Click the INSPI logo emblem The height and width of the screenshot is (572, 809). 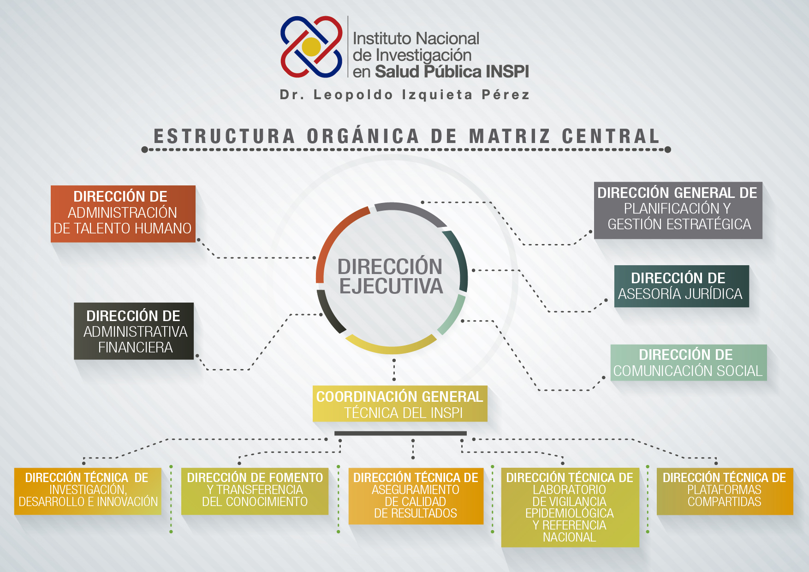(312, 47)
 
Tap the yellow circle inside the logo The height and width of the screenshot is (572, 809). (311, 47)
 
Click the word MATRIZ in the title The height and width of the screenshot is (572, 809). (510, 136)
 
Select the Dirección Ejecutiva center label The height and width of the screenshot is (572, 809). (391, 276)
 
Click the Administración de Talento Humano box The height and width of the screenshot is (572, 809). (123, 214)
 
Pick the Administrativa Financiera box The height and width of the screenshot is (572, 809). (134, 331)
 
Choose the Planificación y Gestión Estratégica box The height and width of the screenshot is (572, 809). (678, 210)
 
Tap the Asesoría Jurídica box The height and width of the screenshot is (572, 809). (682, 286)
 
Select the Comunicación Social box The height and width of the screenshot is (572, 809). (689, 363)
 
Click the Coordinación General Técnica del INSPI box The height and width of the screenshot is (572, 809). (400, 404)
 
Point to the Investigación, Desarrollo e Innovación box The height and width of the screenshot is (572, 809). (88, 491)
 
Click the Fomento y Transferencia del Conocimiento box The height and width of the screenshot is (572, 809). (255, 491)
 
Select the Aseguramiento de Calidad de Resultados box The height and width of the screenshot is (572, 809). (416, 496)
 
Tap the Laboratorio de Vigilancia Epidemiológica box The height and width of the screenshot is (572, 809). (570, 507)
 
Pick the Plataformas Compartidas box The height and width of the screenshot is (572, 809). (725, 491)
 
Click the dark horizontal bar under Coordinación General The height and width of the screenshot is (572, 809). (400, 433)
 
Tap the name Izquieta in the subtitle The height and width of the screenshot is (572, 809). (437, 95)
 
